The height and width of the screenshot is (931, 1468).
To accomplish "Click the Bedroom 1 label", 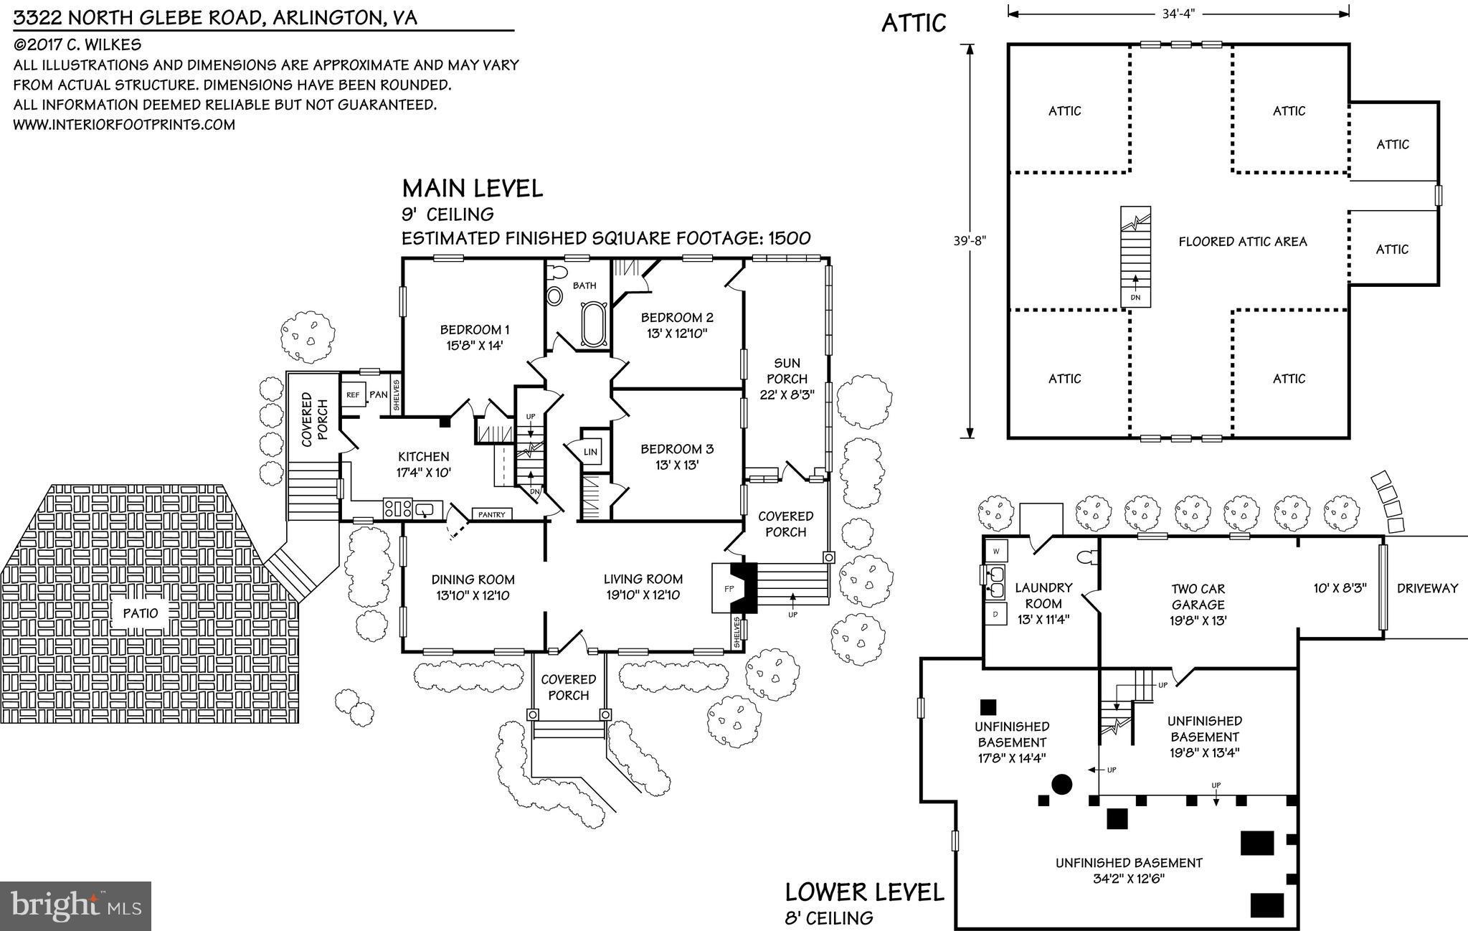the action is (475, 336).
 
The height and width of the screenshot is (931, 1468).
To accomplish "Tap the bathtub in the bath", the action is (592, 325).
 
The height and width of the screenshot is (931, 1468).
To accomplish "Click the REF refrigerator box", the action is (353, 394).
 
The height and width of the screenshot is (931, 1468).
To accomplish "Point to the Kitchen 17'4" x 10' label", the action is (424, 464).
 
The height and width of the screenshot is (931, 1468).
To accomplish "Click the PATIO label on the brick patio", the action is (141, 613).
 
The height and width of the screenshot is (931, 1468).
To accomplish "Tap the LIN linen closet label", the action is (590, 452).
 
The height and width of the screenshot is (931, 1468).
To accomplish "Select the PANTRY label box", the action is (492, 514).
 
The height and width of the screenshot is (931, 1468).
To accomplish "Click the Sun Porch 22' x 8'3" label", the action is (787, 378).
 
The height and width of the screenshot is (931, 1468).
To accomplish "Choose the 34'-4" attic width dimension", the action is (1178, 13).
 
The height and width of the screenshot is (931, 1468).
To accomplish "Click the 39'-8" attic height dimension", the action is (970, 241).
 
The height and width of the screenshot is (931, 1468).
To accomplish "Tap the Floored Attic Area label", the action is (1243, 242).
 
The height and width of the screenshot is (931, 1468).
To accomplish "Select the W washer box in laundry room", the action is (997, 550).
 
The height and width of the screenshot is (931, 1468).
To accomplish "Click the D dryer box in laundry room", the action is (995, 614).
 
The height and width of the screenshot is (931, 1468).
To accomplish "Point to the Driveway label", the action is (1427, 588).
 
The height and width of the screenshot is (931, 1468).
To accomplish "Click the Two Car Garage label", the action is (1198, 604).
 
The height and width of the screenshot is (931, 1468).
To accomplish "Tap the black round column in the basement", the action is (1061, 784).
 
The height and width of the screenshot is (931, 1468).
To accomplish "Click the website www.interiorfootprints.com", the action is (124, 125).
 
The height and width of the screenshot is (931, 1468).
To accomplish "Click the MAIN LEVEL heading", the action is (472, 189).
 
